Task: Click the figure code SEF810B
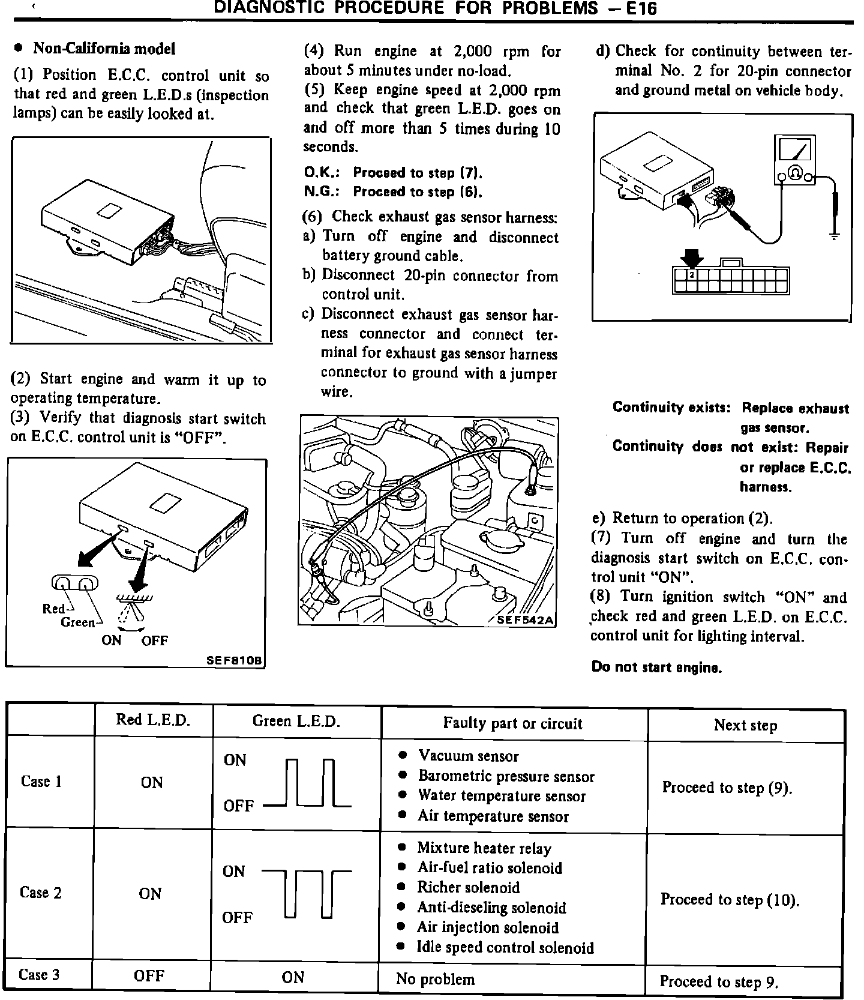pyautogui.click(x=234, y=660)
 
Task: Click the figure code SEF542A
pyautogui.click(x=523, y=619)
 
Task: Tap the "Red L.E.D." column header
pyautogui.click(x=153, y=720)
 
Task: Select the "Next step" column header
pyautogui.click(x=745, y=725)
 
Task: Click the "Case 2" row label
pyautogui.click(x=41, y=893)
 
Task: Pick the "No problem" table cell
pyautogui.click(x=435, y=979)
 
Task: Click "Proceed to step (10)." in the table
pyautogui.click(x=730, y=899)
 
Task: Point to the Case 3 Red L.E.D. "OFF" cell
pyautogui.click(x=149, y=975)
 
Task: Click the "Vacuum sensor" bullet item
pyautogui.click(x=468, y=756)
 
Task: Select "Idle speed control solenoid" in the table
pyautogui.click(x=505, y=947)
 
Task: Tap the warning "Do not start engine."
pyautogui.click(x=656, y=667)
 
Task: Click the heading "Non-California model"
pyautogui.click(x=104, y=48)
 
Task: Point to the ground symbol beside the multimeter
pyautogui.click(x=833, y=235)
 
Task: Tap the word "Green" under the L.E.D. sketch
pyautogui.click(x=78, y=622)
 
